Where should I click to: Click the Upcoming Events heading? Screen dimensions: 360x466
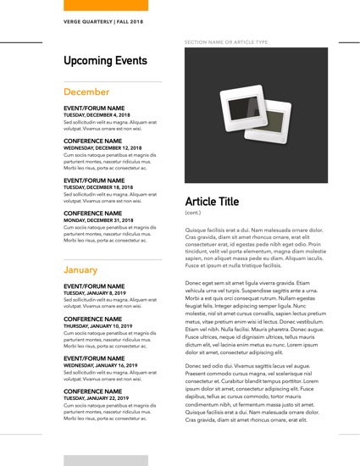(105, 62)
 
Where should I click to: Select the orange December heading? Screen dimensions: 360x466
(86, 92)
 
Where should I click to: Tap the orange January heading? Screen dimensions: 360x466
(80, 269)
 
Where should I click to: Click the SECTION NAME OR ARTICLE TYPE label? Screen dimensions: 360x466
(225, 42)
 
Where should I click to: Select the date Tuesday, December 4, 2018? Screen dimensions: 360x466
(96, 115)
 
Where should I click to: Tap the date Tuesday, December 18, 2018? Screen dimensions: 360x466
(97, 187)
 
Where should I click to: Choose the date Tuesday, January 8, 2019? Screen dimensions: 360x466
(93, 293)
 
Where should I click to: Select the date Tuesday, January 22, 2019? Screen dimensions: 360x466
(96, 398)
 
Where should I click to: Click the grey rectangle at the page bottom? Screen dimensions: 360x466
(94, 460)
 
